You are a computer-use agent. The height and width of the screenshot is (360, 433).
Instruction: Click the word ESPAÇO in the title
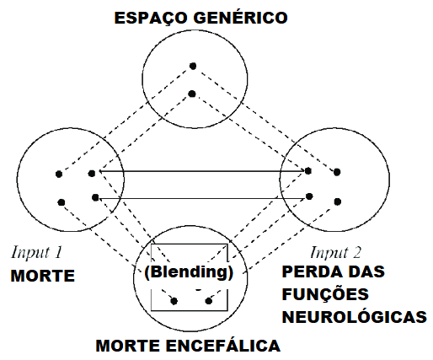click(151, 18)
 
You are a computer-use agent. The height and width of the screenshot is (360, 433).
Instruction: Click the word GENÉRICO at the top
click(240, 18)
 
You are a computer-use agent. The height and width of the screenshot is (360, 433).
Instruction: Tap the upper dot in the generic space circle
click(193, 66)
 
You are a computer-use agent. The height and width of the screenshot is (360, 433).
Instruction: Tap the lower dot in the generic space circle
click(192, 94)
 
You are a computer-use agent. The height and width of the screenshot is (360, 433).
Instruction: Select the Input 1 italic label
click(36, 252)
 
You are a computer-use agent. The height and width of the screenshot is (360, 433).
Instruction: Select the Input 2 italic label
click(335, 252)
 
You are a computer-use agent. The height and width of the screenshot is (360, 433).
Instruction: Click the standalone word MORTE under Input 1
click(43, 276)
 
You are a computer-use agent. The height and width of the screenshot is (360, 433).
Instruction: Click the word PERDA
click(310, 271)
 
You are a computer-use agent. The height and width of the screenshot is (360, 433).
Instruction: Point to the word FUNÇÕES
click(325, 294)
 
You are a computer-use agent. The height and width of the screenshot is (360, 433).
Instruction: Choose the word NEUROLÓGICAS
click(355, 317)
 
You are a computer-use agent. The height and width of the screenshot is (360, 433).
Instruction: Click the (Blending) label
click(189, 272)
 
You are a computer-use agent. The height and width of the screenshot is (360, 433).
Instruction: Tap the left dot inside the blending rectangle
click(174, 301)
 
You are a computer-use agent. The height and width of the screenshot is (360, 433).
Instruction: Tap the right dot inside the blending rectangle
click(209, 301)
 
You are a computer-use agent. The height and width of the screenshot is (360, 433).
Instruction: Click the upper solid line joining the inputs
click(202, 171)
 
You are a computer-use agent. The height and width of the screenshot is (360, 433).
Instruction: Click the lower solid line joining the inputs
click(202, 198)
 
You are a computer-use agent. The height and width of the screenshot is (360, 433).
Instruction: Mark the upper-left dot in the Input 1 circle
click(59, 175)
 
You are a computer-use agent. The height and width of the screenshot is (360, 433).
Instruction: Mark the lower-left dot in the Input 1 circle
click(61, 202)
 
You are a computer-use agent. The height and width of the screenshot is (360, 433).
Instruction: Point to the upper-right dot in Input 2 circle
click(337, 172)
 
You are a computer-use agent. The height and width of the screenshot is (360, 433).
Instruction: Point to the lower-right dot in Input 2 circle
click(338, 201)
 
